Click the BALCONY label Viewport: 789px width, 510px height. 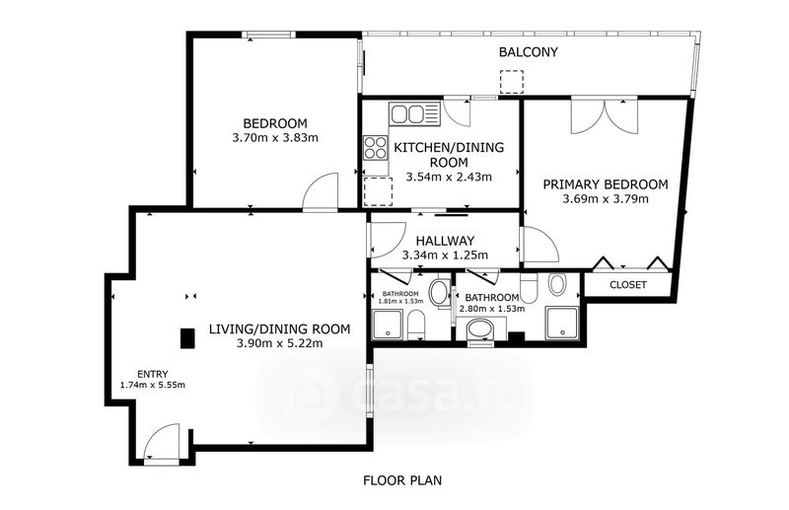click(x=529, y=52)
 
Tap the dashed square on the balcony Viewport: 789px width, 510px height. click(x=512, y=82)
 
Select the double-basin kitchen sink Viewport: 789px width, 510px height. click(x=414, y=113)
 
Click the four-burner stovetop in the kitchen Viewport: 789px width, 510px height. click(x=376, y=148)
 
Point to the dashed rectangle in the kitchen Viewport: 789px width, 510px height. click(x=378, y=191)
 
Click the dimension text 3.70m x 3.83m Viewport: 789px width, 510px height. click(x=275, y=137)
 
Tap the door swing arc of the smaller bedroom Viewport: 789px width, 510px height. click(x=321, y=190)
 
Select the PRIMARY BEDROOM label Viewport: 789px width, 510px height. click(x=606, y=184)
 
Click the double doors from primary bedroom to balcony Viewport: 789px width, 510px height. click(x=605, y=116)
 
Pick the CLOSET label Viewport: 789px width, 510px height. click(x=628, y=285)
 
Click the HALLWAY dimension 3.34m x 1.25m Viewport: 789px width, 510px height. click(x=445, y=255)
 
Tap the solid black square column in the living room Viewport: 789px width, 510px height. click(x=187, y=337)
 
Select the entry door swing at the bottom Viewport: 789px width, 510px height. click(x=161, y=441)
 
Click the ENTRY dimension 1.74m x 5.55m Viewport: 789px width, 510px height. click(x=153, y=385)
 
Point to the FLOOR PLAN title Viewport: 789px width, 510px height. click(x=402, y=480)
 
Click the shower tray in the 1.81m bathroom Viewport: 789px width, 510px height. click(x=388, y=326)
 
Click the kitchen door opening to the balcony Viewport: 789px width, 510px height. click(x=458, y=112)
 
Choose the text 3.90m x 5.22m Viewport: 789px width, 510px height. click(x=280, y=343)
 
